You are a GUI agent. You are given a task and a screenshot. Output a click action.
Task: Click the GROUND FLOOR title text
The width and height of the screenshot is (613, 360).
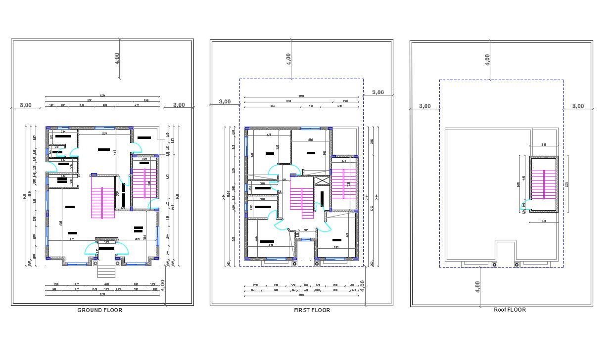tap(99, 310)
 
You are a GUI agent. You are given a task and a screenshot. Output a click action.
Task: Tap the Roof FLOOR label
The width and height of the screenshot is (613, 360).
tap(510, 310)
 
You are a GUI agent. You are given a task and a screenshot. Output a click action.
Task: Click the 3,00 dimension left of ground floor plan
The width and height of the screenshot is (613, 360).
tap(26, 105)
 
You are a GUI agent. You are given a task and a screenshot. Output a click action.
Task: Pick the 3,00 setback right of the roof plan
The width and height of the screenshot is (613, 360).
tap(577, 106)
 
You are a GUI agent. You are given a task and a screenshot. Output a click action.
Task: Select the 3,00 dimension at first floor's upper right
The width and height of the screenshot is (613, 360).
tap(378, 92)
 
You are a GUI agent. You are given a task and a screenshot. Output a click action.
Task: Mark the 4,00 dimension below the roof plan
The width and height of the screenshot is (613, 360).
tap(477, 286)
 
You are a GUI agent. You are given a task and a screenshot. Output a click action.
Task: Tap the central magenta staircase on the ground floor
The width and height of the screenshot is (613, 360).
tap(103, 202)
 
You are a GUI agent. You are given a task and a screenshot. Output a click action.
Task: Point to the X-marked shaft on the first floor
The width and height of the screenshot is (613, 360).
tap(322, 181)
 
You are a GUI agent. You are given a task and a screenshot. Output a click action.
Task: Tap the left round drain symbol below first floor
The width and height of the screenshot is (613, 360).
tap(295, 264)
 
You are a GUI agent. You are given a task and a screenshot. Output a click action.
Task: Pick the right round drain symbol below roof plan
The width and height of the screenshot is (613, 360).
tap(517, 265)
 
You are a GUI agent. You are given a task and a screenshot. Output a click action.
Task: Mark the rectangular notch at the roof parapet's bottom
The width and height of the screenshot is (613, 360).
tap(506, 250)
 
